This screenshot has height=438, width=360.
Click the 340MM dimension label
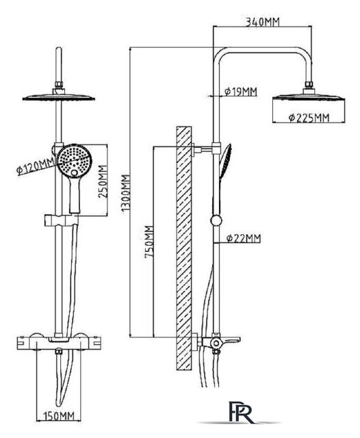(262, 22)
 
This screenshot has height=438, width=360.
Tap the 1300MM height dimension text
(126, 193)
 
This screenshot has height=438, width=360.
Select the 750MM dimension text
(149, 242)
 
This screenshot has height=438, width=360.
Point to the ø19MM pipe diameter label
(240, 91)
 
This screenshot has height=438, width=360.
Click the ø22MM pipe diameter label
(243, 238)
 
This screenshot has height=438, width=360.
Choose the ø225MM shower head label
(309, 118)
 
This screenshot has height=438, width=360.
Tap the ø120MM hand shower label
(36, 167)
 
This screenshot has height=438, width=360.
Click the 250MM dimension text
(103, 182)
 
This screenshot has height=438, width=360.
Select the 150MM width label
(58, 416)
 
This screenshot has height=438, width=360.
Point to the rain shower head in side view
(309, 96)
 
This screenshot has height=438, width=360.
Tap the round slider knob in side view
(216, 220)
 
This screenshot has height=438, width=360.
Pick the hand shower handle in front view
(75, 196)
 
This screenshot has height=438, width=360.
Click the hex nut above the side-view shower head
(309, 85)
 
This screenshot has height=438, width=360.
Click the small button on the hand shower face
(74, 173)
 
